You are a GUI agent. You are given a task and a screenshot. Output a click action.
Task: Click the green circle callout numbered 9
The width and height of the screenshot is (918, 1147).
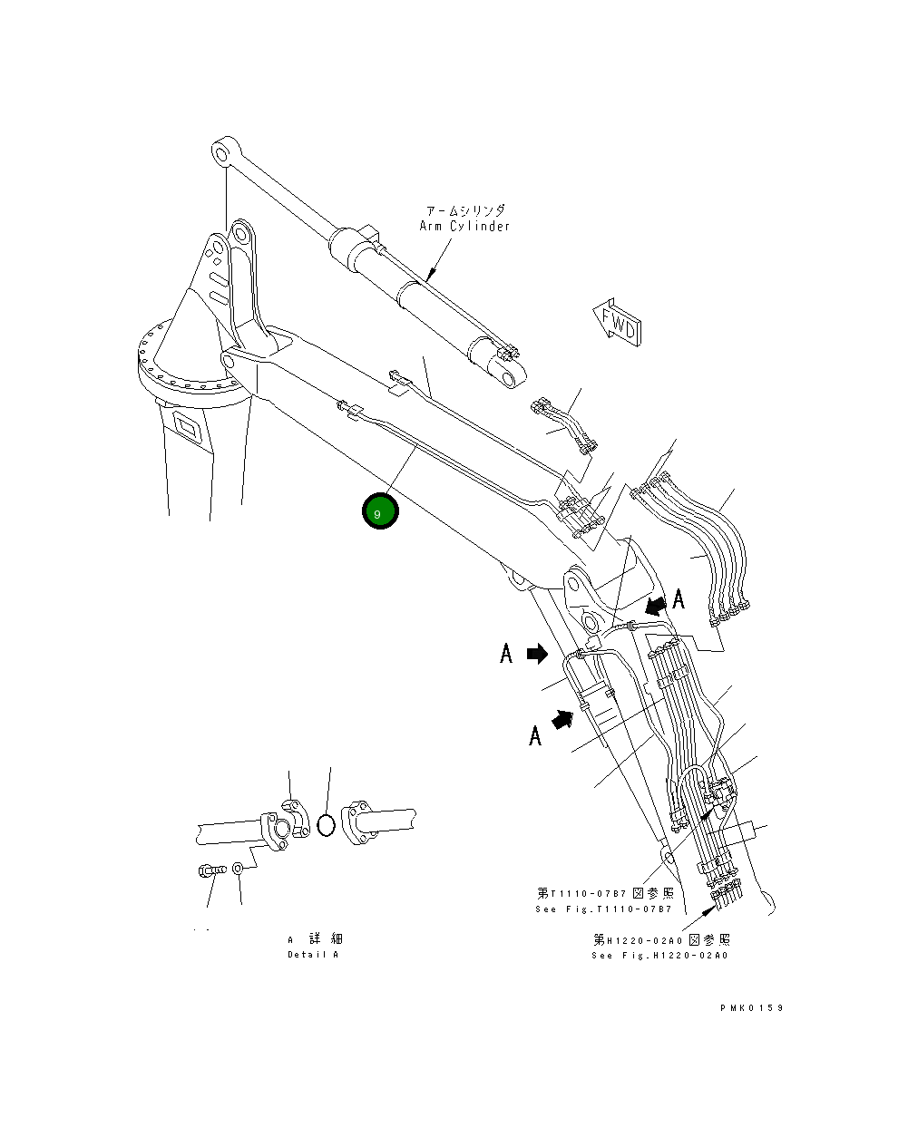[x=380, y=512]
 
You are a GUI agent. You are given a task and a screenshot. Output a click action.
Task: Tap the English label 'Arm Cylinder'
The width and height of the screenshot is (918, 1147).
[x=464, y=227]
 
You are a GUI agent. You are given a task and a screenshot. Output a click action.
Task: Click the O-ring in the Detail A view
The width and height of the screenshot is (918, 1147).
[x=327, y=825]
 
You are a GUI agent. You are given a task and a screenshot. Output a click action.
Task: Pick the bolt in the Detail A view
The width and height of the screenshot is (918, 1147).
[x=210, y=870]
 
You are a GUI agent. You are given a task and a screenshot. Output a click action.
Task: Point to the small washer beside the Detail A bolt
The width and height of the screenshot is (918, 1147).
[x=238, y=870]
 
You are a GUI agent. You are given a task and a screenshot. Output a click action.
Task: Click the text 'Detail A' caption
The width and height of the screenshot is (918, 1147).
[x=313, y=955]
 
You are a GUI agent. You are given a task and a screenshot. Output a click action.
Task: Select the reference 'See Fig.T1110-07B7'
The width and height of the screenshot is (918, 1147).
[x=604, y=909]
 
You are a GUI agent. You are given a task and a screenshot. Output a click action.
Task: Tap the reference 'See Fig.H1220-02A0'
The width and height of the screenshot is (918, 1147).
[x=660, y=956]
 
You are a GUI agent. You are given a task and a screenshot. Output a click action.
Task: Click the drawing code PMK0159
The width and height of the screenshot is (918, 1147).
[x=752, y=1007]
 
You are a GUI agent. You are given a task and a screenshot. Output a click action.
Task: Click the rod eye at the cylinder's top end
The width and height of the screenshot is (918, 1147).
[x=223, y=152]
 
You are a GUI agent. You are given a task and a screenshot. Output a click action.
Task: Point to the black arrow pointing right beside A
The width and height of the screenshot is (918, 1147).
[x=537, y=653]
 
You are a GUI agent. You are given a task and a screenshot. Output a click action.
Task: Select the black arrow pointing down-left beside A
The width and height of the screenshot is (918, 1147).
[x=652, y=605]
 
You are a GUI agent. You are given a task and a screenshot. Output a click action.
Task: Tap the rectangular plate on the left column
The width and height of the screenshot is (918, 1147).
[x=188, y=425]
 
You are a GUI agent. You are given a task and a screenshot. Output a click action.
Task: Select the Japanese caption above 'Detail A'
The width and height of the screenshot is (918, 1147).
[x=315, y=938]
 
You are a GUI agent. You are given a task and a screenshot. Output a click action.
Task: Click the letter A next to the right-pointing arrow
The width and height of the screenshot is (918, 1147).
[x=506, y=653]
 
